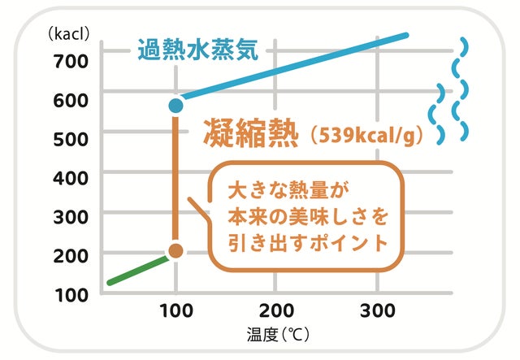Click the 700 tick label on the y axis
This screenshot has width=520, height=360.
coord(71,59)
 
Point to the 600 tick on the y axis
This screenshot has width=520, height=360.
coord(71,99)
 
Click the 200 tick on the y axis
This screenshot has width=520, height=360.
coord(71,254)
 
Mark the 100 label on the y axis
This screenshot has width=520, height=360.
coord(71,293)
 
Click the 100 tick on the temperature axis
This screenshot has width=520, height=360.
coord(175,310)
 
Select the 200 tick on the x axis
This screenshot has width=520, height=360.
coord(276,310)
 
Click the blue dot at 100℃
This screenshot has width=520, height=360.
coord(175,105)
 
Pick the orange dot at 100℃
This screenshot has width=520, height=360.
coord(176,251)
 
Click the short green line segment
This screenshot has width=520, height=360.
coord(138,270)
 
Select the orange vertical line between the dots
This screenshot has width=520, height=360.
coord(175,179)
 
